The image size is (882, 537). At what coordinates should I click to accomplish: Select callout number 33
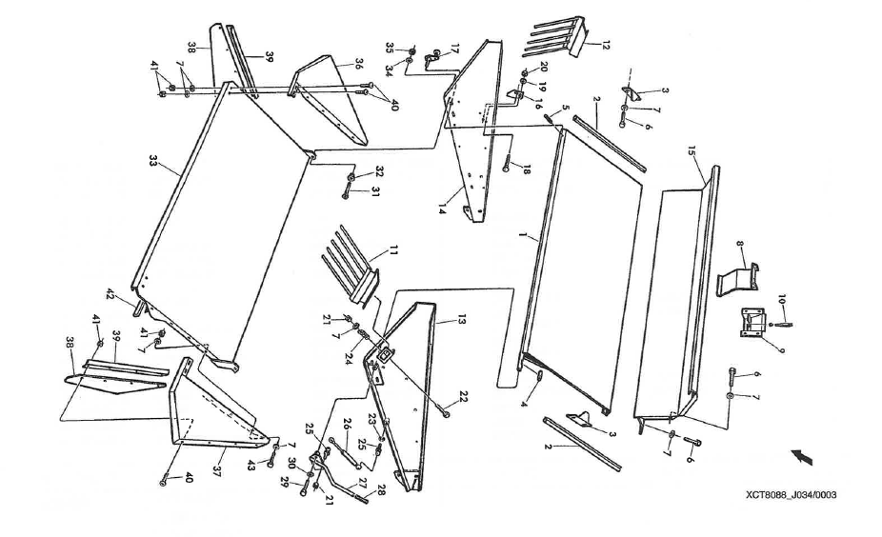152,163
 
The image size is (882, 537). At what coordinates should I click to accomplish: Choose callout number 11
388,252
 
